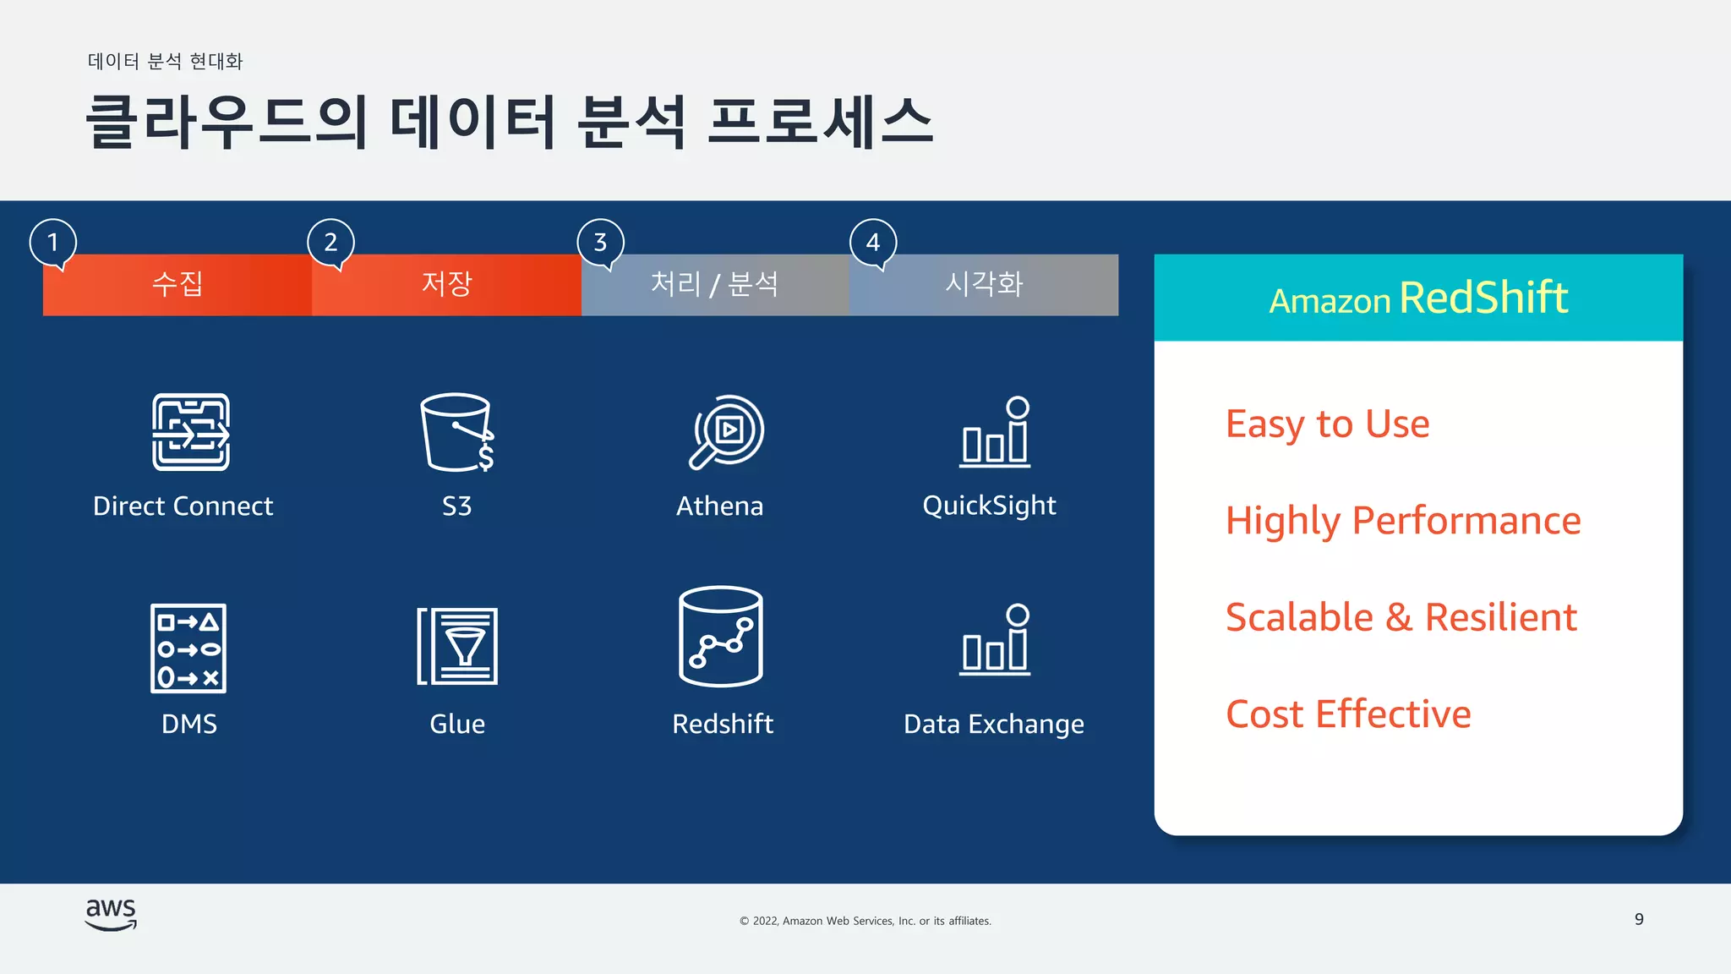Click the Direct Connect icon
click(190, 431)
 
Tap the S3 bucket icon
click(456, 431)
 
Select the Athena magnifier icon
click(726, 431)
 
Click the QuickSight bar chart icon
click(996, 431)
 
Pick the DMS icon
click(188, 648)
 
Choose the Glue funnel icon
click(457, 646)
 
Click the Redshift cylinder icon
click(721, 637)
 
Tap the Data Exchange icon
click(996, 639)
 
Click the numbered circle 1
click(53, 243)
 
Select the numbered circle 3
click(600, 243)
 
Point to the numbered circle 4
click(873, 243)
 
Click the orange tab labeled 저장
click(446, 284)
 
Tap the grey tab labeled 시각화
click(984, 284)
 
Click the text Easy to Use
click(1327, 424)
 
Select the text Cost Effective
click(1348, 714)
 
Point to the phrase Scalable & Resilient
click(1401, 617)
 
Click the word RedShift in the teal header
click(1483, 298)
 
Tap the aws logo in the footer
click(111, 914)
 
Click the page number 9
click(1639, 919)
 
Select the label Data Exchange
click(993, 725)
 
